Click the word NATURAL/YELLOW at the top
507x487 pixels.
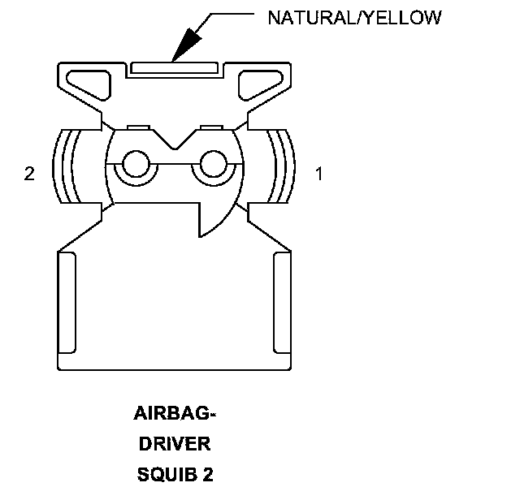pyautogui.click(x=355, y=17)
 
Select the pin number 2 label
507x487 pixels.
pyautogui.click(x=29, y=175)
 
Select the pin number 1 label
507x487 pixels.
pyautogui.click(x=319, y=175)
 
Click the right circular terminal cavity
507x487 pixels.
pyautogui.click(x=213, y=164)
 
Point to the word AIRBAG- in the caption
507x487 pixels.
pyautogui.click(x=175, y=415)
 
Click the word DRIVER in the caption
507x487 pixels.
pyautogui.click(x=175, y=444)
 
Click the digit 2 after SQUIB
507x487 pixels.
pyautogui.click(x=208, y=473)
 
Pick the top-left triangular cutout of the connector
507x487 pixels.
pyautogui.click(x=89, y=81)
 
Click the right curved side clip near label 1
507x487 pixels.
pyautogui.click(x=283, y=167)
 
